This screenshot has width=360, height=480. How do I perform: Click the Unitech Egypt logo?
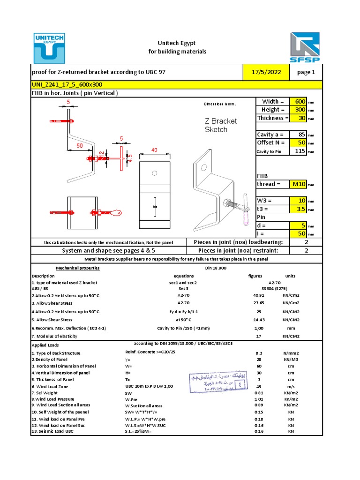coord(49,47)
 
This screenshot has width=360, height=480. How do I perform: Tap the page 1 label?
coord(306,72)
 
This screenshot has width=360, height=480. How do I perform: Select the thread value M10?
coord(298,184)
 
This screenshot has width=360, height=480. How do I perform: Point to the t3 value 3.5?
coord(299,209)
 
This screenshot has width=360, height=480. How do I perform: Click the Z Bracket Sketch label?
coord(221,125)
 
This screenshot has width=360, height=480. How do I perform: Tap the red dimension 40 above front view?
coord(154,150)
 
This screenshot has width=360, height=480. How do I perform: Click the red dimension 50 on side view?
coord(80,146)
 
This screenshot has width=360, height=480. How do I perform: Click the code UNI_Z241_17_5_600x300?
coord(67,84)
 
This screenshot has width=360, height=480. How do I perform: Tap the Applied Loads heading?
coord(45,345)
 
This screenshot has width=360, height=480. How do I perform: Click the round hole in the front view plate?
coord(154,173)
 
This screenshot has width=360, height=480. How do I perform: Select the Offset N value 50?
coord(299,142)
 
